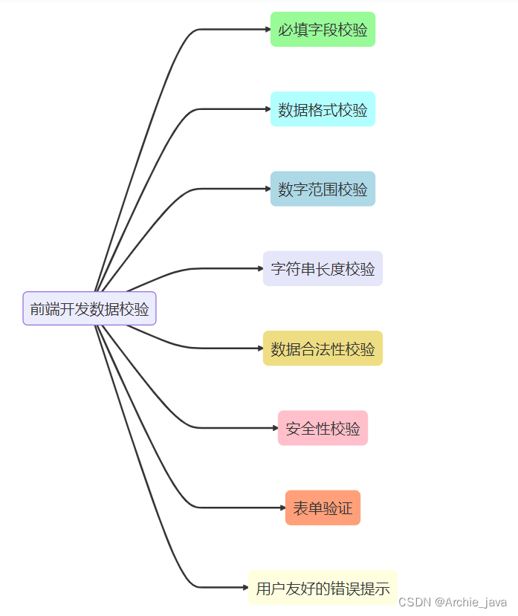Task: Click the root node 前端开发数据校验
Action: pos(89,308)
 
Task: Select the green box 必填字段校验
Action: pos(323,30)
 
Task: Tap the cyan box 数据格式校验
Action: pos(323,109)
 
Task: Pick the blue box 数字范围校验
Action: pos(323,189)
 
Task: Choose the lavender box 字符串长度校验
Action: pos(323,268)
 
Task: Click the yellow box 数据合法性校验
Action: pos(323,348)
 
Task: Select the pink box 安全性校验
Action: pos(323,428)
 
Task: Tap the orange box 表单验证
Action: pos(323,508)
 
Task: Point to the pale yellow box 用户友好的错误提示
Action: pos(323,588)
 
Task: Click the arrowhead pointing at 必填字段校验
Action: pos(268,30)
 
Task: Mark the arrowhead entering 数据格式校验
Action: pos(268,109)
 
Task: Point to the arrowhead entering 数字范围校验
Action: pos(268,189)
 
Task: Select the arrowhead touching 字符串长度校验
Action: pos(260,268)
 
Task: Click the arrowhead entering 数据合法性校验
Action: pos(260,348)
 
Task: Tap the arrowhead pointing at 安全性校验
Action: pos(275,428)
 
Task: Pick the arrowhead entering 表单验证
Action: pos(282,508)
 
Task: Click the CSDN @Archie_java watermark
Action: pos(453,601)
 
